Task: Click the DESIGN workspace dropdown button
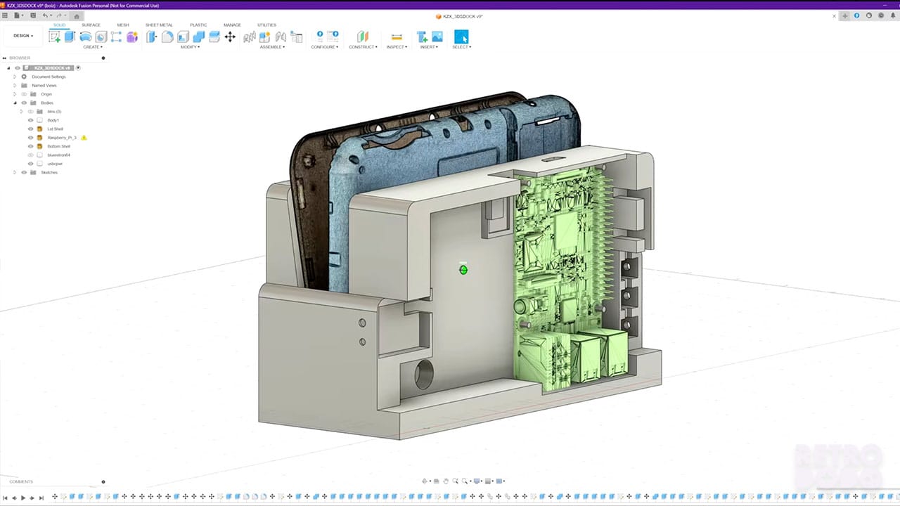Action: tap(23, 36)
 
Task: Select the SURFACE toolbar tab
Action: tap(91, 25)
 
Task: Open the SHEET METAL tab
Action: tap(159, 25)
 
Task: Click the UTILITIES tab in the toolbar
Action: tap(266, 25)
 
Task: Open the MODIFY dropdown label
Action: tap(190, 47)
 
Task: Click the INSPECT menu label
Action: tap(397, 47)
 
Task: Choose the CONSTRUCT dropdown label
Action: tap(363, 47)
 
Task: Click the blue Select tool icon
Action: tap(461, 36)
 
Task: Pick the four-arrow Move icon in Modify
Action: tap(230, 37)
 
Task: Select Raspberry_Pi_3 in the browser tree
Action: tap(62, 138)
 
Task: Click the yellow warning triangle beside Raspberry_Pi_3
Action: tap(84, 138)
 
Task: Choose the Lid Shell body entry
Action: tap(55, 129)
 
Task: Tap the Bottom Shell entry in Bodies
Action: tap(58, 146)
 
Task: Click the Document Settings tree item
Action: tap(49, 77)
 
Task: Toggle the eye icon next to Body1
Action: tap(30, 120)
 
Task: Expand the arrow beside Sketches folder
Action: tap(15, 172)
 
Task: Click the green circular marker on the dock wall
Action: tap(463, 269)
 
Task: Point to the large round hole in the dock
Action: tap(424, 375)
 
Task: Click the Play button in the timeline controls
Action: tap(23, 498)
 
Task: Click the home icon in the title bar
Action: tap(77, 15)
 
